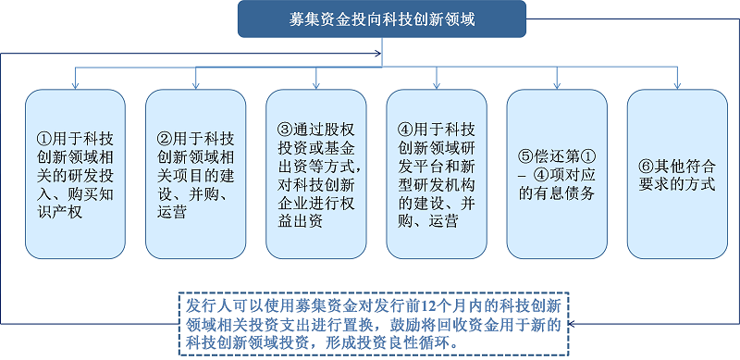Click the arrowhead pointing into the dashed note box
pyautogui.click(x=572, y=324)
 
